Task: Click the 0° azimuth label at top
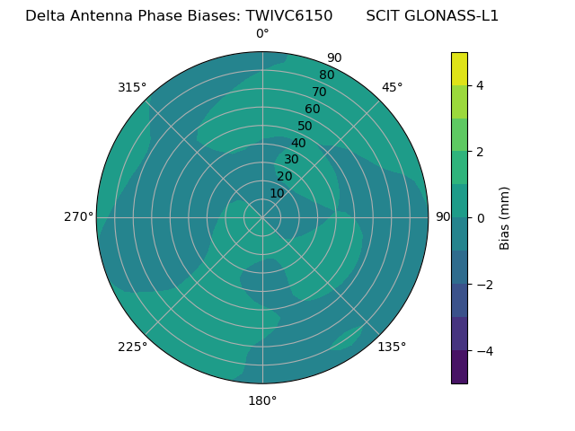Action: [262, 34]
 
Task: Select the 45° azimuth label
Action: [393, 87]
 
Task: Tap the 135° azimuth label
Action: [392, 347]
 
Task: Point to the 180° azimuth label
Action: [262, 400]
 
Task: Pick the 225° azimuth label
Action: [132, 347]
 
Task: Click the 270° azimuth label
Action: [78, 216]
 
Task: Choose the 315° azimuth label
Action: [132, 87]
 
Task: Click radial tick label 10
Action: [277, 193]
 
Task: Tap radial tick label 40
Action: [298, 144]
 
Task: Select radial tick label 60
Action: [313, 110]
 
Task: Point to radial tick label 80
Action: [327, 75]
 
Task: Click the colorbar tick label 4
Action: [481, 85]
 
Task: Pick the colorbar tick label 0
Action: [481, 218]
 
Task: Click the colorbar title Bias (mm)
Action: [505, 218]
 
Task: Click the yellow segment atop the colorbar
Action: [459, 68]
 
